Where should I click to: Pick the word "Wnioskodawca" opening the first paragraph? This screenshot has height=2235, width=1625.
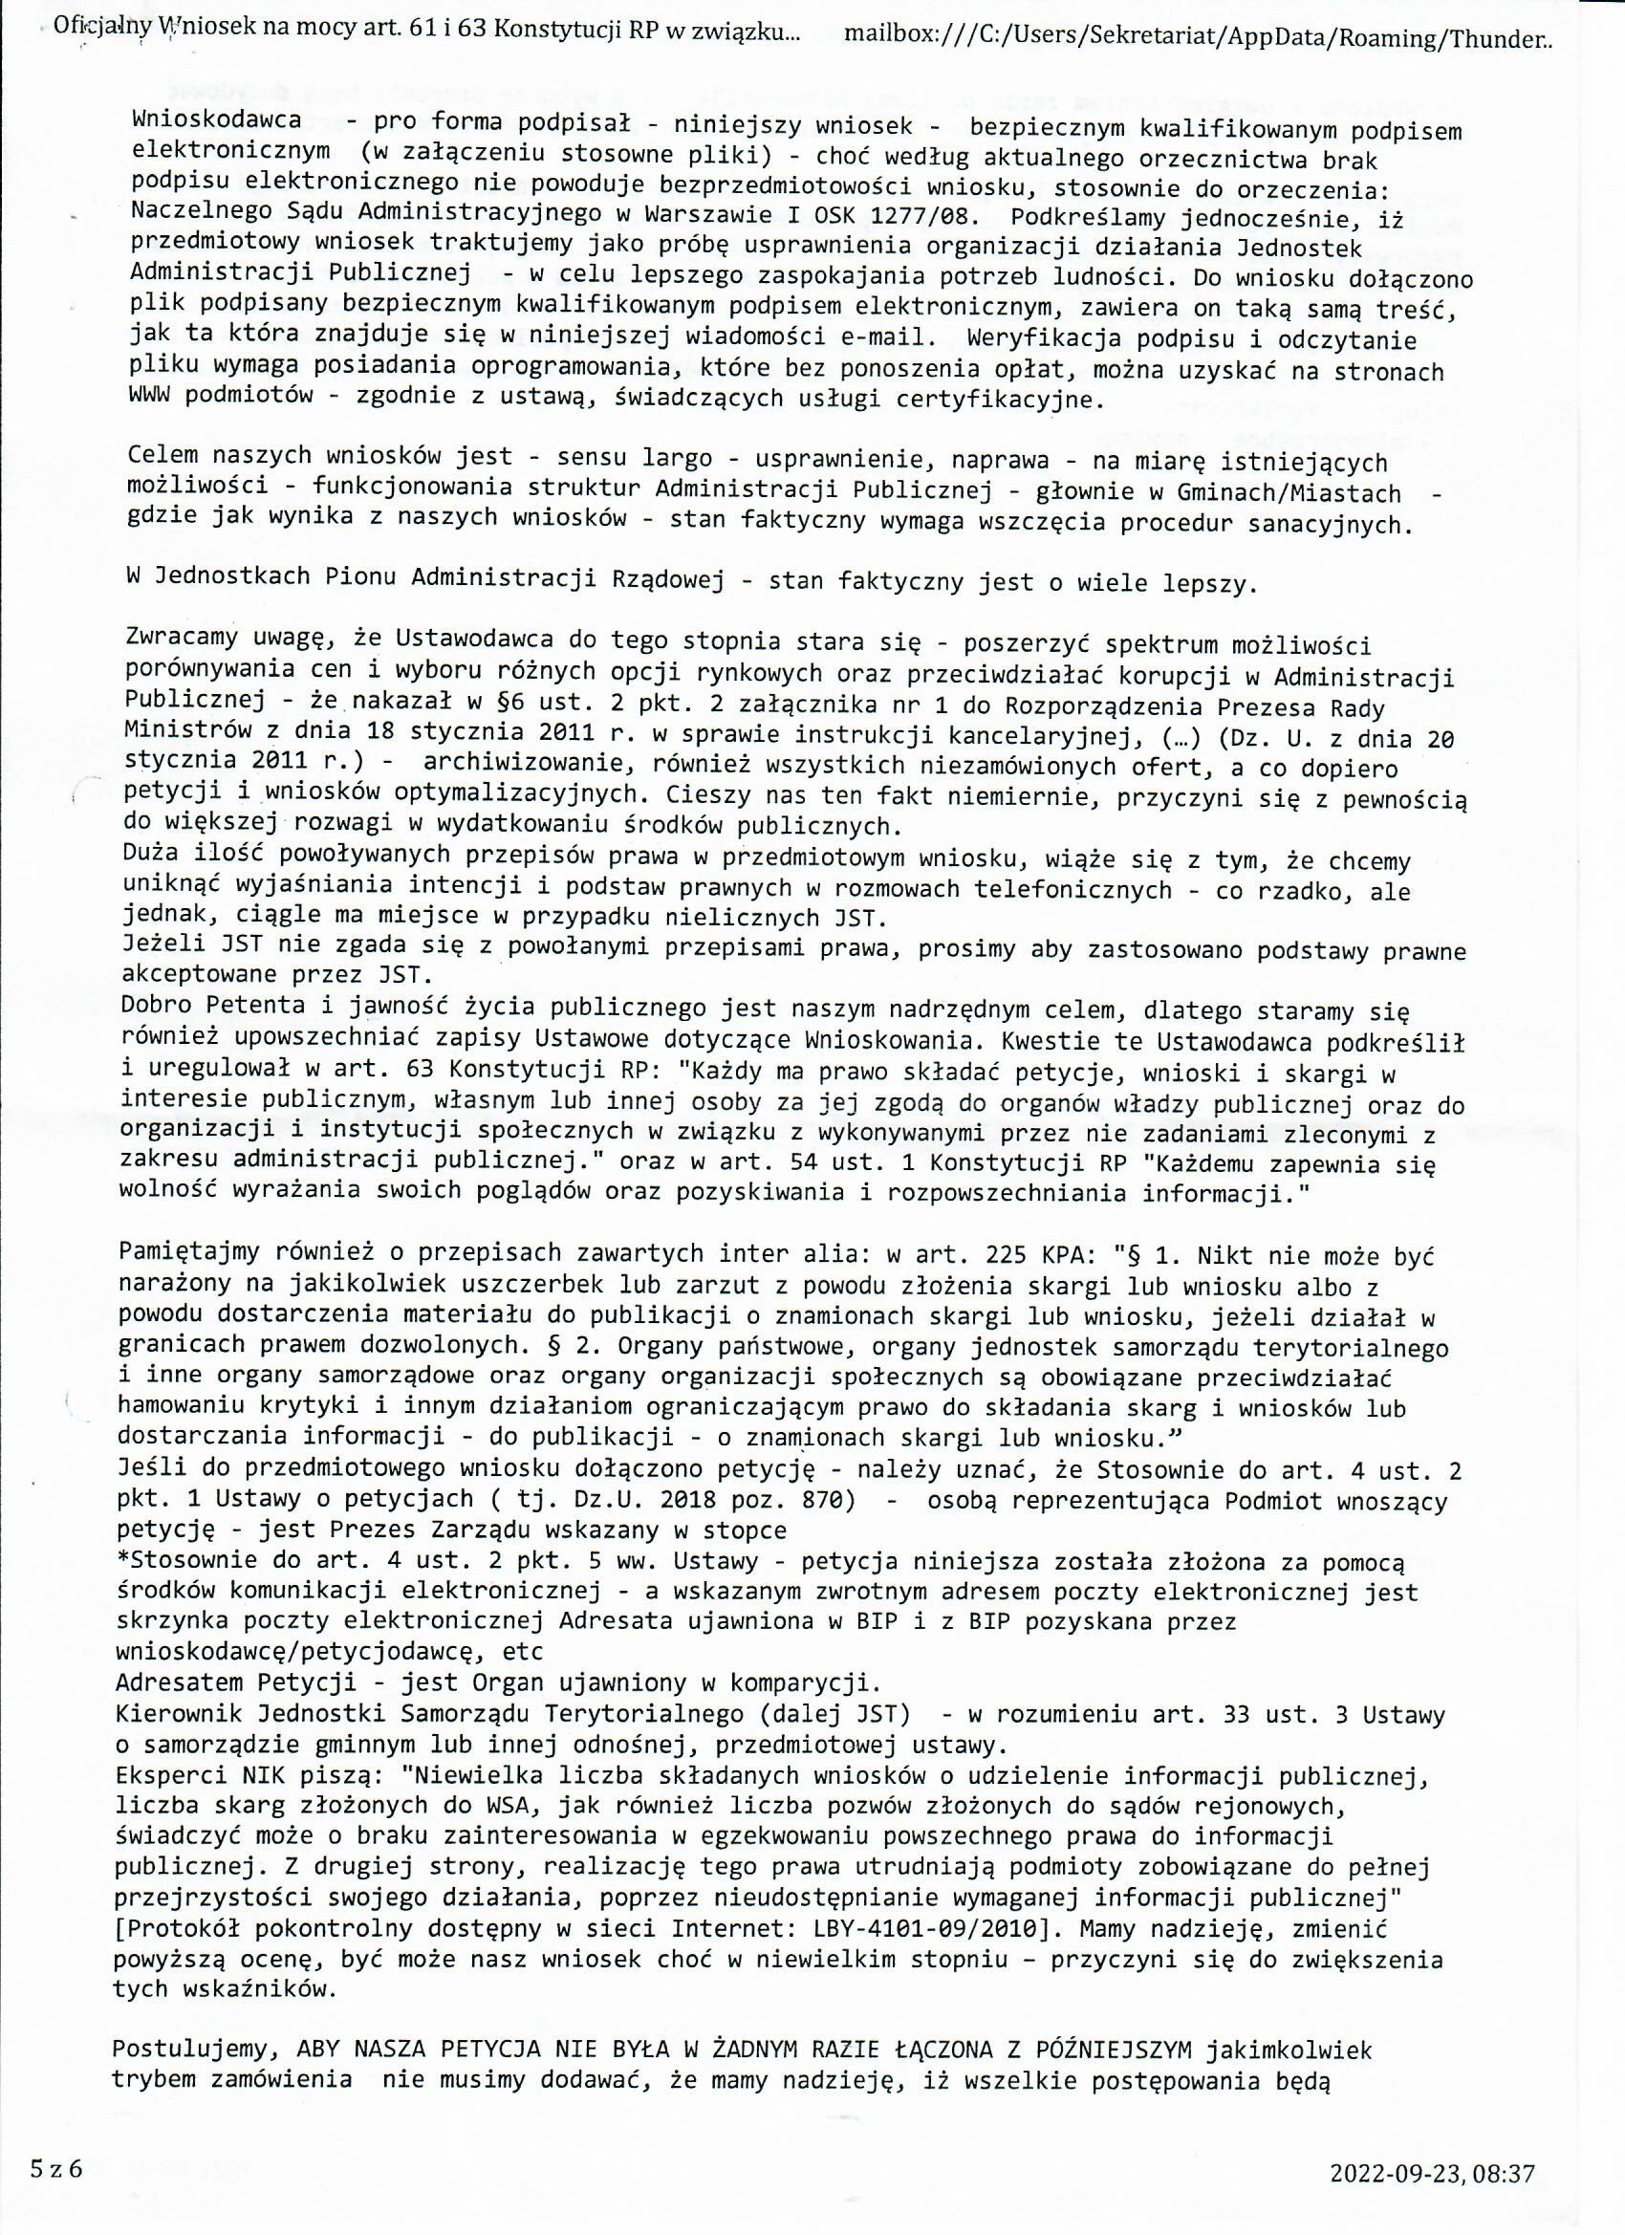pos(216,122)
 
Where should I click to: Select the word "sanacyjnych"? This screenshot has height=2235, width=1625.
pos(1331,523)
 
